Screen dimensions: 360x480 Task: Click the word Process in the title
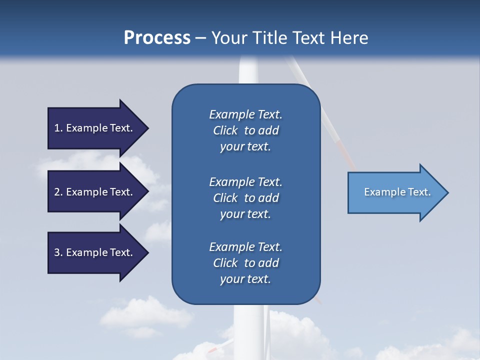(157, 38)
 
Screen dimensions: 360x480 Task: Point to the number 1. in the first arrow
(58, 128)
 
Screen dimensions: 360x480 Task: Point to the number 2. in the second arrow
(58, 192)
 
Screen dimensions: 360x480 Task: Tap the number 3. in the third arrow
(58, 252)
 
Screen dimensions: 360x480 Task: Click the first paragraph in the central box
(245, 130)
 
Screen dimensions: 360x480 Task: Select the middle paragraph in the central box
(245, 198)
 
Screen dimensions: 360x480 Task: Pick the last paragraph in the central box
(245, 263)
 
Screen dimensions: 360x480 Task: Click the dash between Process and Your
(200, 38)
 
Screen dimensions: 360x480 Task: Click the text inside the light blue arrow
(397, 192)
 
